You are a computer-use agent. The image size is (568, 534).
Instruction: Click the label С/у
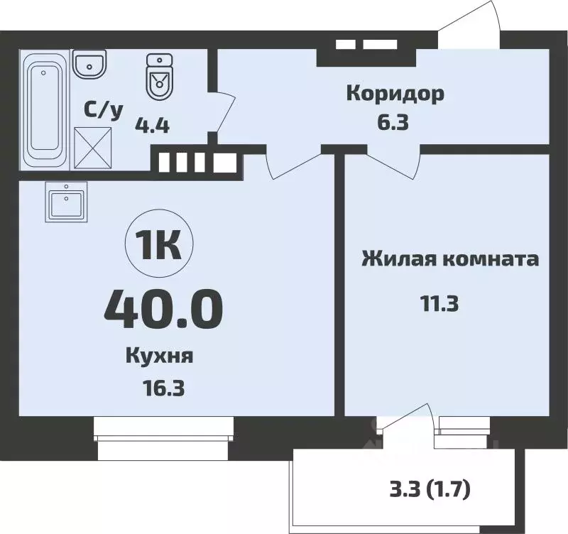pyautogui.click(x=104, y=110)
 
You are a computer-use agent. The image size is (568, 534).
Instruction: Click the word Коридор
pyautogui.click(x=395, y=93)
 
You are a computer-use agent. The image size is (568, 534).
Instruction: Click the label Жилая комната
pyautogui.click(x=450, y=258)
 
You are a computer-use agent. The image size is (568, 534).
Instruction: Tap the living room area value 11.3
pyautogui.click(x=439, y=304)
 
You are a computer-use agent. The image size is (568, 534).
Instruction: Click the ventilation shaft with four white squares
pyautogui.click(x=195, y=162)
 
